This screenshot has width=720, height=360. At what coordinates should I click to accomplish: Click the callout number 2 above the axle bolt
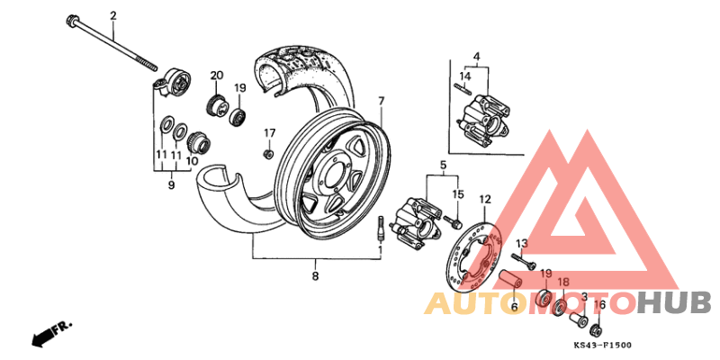(113, 16)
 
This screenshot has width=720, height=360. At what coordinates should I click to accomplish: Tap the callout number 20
(217, 76)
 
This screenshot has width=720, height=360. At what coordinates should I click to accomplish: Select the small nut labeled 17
(268, 154)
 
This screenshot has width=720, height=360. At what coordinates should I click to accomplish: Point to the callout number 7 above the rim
(381, 101)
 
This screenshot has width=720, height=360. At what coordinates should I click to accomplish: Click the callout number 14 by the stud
(465, 76)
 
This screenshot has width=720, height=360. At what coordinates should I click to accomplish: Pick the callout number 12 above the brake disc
(485, 199)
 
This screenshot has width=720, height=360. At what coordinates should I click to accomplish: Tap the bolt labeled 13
(525, 260)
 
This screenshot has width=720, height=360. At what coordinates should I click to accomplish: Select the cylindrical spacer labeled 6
(510, 280)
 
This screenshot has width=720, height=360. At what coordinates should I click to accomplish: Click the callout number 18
(563, 282)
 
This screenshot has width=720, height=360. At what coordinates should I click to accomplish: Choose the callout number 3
(584, 297)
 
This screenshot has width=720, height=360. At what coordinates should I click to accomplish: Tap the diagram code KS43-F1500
(602, 346)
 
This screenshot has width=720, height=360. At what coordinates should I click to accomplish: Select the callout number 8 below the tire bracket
(315, 276)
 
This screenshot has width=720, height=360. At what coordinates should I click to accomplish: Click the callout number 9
(171, 185)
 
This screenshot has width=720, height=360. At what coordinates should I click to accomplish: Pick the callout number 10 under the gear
(192, 161)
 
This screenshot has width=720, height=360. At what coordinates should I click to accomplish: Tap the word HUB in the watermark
(674, 303)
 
